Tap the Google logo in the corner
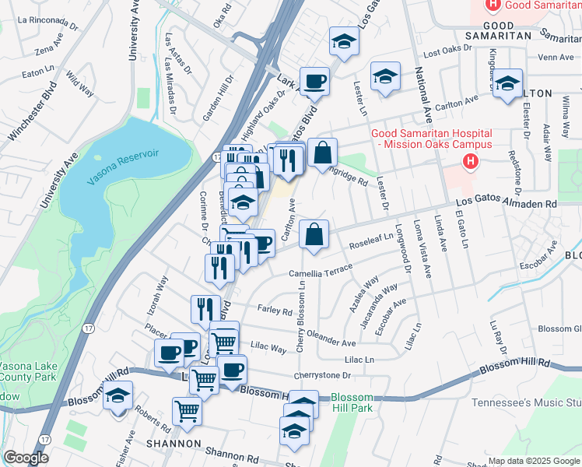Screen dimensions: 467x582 pos(26,458)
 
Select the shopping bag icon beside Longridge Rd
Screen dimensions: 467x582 pos(322,154)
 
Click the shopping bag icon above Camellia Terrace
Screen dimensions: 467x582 pos(314,235)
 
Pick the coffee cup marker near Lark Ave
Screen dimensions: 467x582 pos(314,82)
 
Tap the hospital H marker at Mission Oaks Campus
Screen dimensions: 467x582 pos(470,162)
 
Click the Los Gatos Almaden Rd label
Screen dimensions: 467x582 pos(507,204)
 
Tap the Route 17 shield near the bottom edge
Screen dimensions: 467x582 pos(44,440)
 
